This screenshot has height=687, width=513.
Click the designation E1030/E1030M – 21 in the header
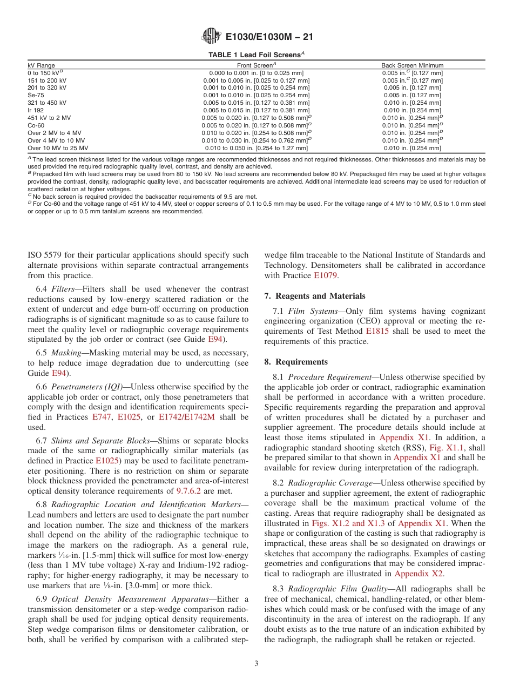coord(269,37)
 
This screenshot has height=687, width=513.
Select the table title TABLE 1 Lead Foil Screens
coord(256,55)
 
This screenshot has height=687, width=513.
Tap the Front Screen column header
coord(256,65)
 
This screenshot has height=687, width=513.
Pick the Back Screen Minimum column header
coord(412,65)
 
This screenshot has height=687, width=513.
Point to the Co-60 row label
coord(36,125)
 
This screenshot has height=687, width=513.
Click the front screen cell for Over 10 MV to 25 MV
coord(256,148)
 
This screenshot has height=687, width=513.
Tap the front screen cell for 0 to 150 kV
coord(256,72)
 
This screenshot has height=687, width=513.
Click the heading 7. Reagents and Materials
coord(314,296)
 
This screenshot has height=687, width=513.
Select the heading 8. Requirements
coord(296,362)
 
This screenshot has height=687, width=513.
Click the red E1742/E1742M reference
coord(186,417)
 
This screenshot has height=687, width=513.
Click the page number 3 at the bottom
coord(256,663)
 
